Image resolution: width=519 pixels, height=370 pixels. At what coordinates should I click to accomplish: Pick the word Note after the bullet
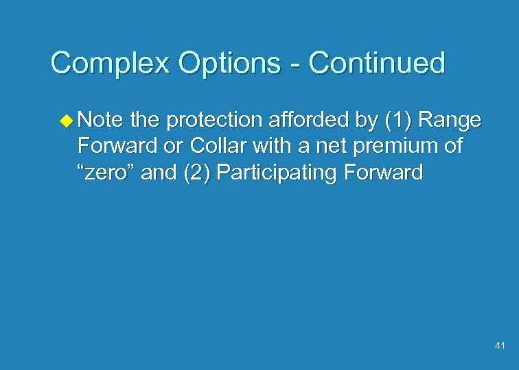tap(100, 121)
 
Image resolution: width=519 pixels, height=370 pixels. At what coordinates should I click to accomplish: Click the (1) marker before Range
tap(397, 121)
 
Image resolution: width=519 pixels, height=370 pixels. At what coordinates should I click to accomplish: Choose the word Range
tap(450, 121)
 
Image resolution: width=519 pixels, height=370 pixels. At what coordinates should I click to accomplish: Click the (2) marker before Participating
tap(196, 173)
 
